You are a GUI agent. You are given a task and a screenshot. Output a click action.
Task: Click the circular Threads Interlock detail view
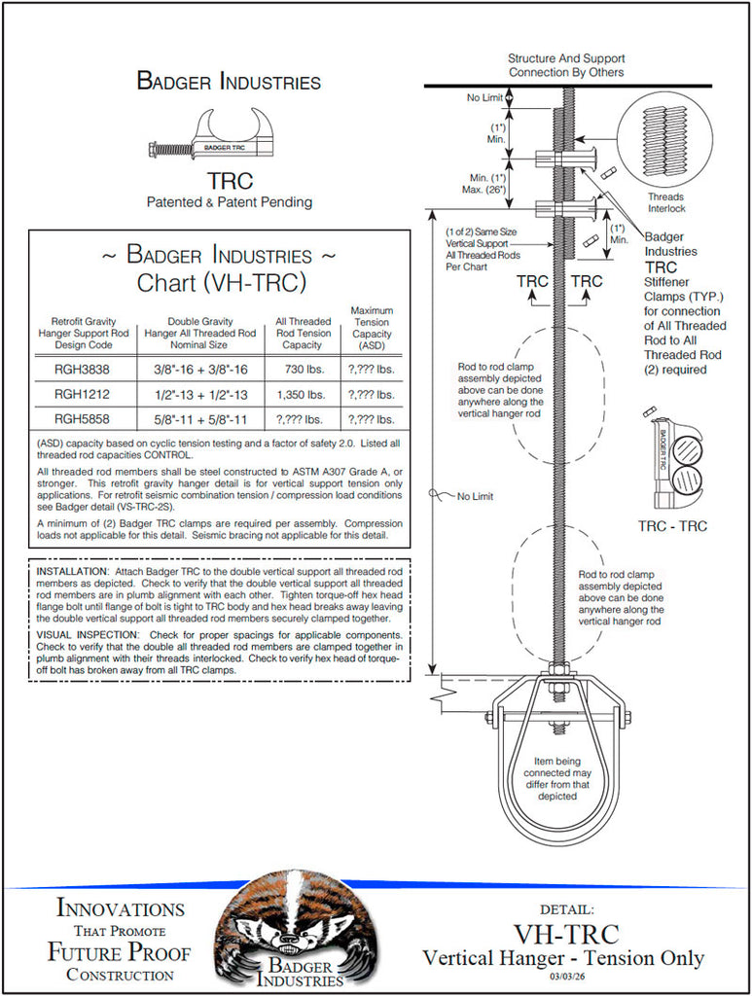[665, 136]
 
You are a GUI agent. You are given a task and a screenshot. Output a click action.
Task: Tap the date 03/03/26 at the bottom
[566, 976]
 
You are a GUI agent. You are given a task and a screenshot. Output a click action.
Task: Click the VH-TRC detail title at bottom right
[565, 934]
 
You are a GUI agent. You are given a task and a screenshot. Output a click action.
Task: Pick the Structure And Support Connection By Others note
[566, 65]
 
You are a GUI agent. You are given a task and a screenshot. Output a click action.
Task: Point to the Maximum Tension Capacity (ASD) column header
[371, 327]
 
